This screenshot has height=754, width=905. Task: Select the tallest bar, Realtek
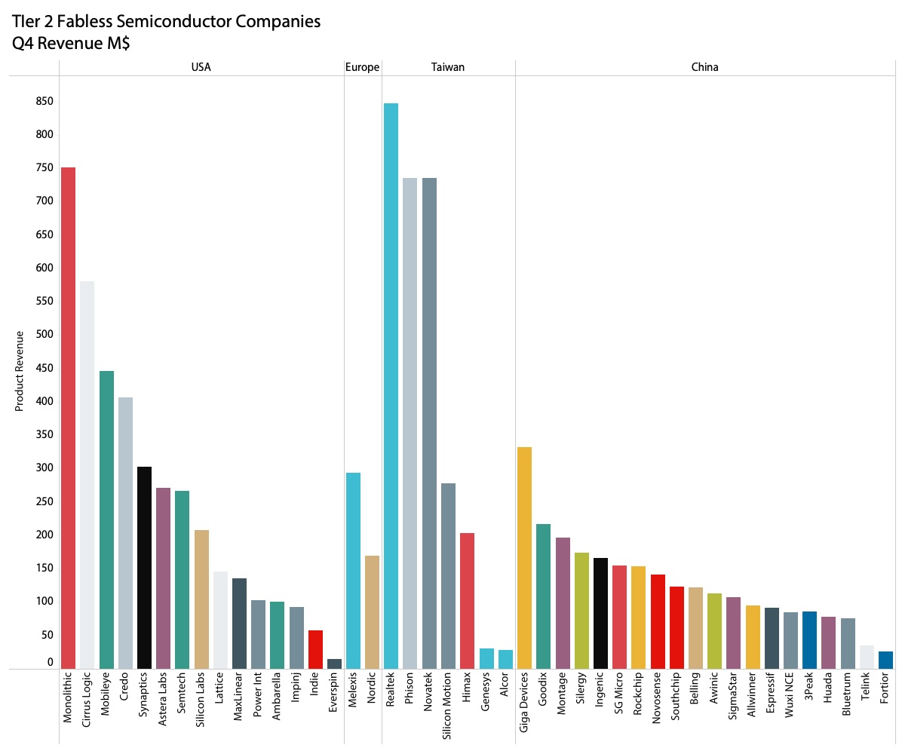click(391, 385)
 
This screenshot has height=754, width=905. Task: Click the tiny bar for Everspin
click(334, 664)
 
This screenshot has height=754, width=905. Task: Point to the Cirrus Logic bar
click(87, 474)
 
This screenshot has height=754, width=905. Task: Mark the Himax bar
click(467, 600)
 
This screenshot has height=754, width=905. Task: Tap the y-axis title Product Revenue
click(20, 370)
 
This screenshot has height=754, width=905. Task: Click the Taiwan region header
click(448, 67)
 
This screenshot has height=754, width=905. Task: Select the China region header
click(704, 67)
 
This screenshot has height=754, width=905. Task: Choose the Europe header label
click(362, 67)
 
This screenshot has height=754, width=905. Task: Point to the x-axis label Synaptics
click(144, 697)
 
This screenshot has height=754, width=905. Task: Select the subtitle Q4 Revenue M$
click(71, 44)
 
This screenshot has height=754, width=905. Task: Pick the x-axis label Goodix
click(543, 693)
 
